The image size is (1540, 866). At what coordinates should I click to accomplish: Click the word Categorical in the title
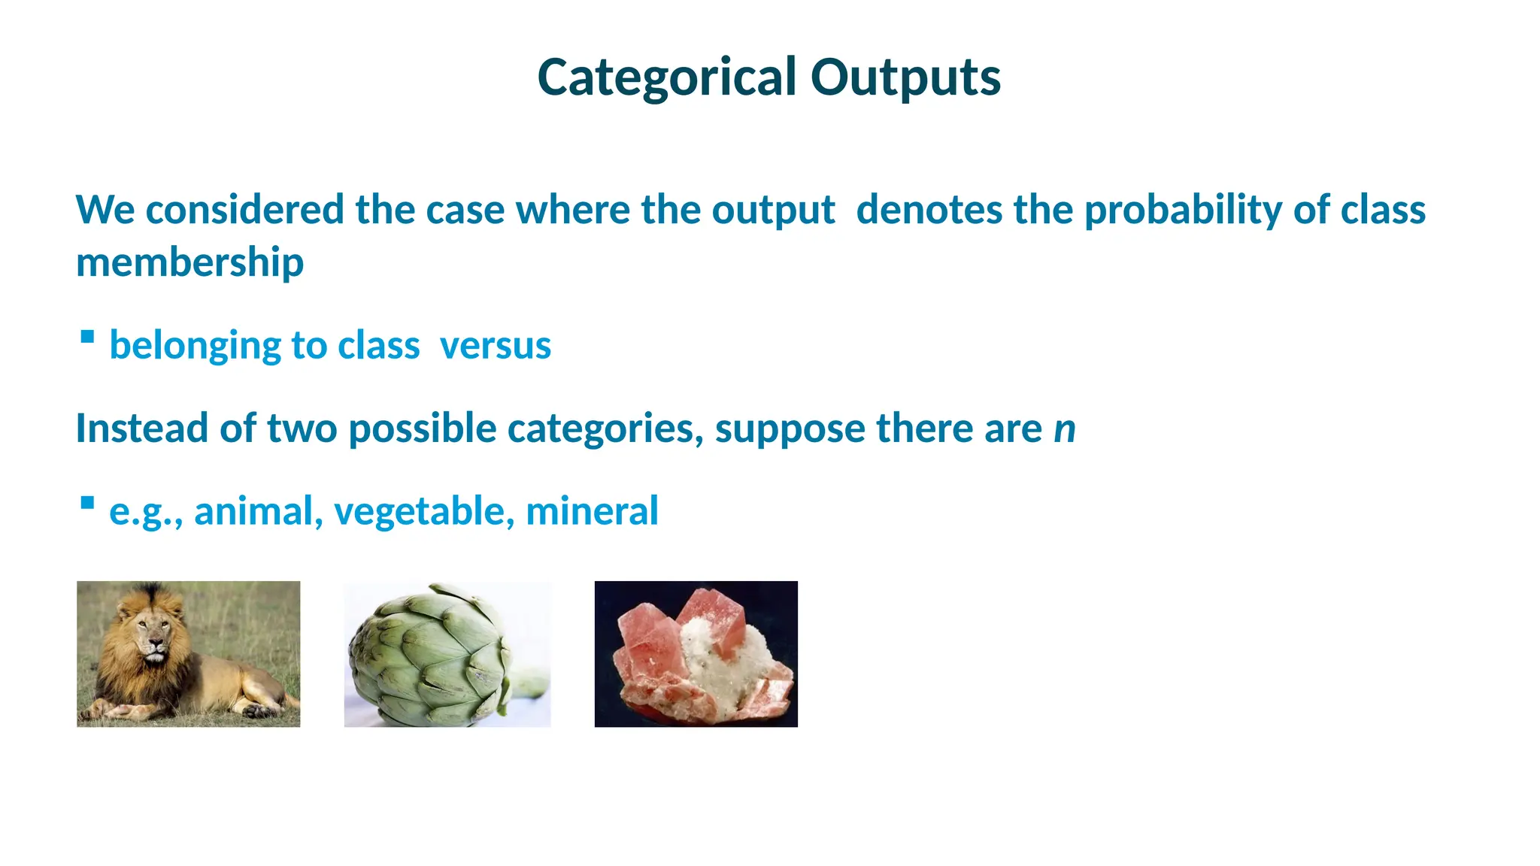666,77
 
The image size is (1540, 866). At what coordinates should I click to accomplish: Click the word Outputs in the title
905,77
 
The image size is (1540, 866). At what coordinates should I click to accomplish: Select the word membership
189,262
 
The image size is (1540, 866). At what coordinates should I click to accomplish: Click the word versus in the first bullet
495,346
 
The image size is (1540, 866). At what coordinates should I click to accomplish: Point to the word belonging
195,346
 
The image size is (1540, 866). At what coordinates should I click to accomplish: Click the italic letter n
1064,429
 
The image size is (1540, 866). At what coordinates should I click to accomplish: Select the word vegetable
424,511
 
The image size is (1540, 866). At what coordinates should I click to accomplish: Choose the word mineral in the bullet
592,511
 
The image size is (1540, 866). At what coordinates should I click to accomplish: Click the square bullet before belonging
87,337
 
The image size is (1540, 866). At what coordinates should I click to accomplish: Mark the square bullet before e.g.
87,502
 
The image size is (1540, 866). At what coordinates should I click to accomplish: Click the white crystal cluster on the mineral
718,662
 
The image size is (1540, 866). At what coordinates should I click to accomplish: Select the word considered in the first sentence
244,210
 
